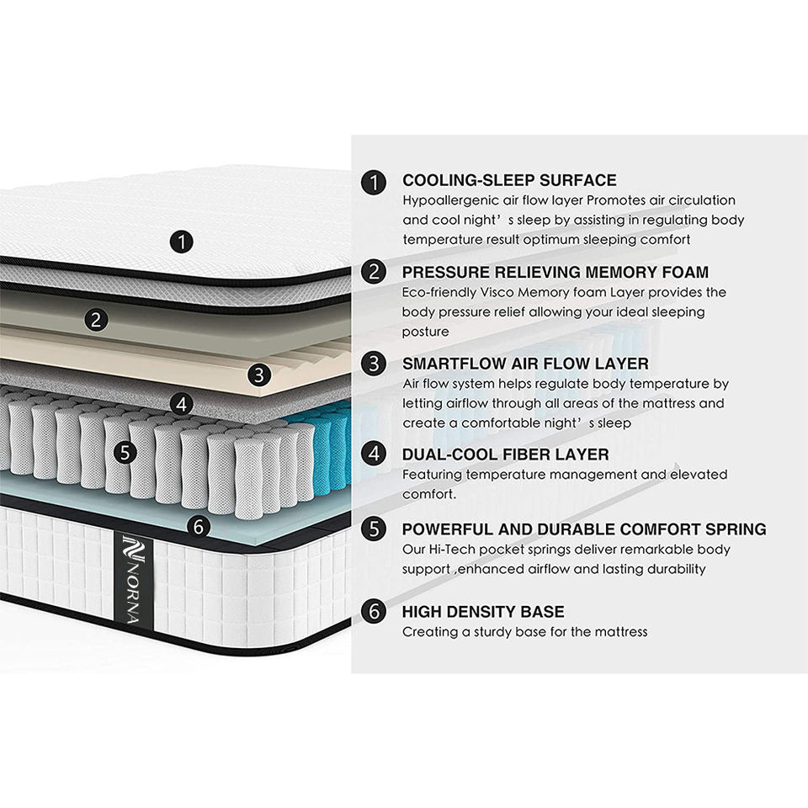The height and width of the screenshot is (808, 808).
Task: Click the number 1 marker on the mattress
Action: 181,242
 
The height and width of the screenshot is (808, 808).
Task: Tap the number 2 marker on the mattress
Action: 97,320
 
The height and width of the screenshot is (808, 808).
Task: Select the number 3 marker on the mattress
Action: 259,374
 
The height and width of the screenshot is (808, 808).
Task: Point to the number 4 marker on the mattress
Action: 181,404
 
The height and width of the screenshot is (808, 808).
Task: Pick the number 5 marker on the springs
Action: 125,452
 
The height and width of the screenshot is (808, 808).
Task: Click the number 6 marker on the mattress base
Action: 199,527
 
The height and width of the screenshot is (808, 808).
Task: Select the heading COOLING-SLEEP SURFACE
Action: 509,180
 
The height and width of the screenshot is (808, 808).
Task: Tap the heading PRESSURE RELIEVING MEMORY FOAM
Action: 555,272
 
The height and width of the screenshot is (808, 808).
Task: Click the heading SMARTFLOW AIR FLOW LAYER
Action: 525,364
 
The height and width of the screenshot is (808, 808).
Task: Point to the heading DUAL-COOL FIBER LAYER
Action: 505,454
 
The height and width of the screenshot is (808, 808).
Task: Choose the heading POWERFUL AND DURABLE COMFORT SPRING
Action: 584,529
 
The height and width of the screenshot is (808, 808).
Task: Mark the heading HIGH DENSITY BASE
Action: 483,611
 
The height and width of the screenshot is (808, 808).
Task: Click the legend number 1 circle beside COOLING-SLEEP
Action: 374,181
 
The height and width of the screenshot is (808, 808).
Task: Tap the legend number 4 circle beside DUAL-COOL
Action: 374,455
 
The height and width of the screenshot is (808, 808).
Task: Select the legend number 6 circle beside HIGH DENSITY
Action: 374,612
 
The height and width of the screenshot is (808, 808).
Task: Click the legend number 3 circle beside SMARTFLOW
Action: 374,364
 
